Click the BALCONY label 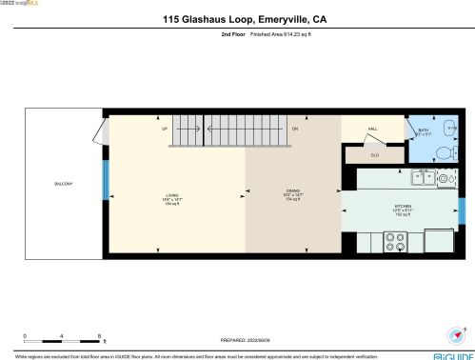(x=64, y=184)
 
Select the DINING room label (x=293, y=194)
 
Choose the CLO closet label (x=374, y=154)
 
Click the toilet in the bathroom (x=444, y=151)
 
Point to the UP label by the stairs (x=165, y=128)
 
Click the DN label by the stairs (x=295, y=128)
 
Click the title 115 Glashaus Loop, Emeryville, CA (x=237, y=17)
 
